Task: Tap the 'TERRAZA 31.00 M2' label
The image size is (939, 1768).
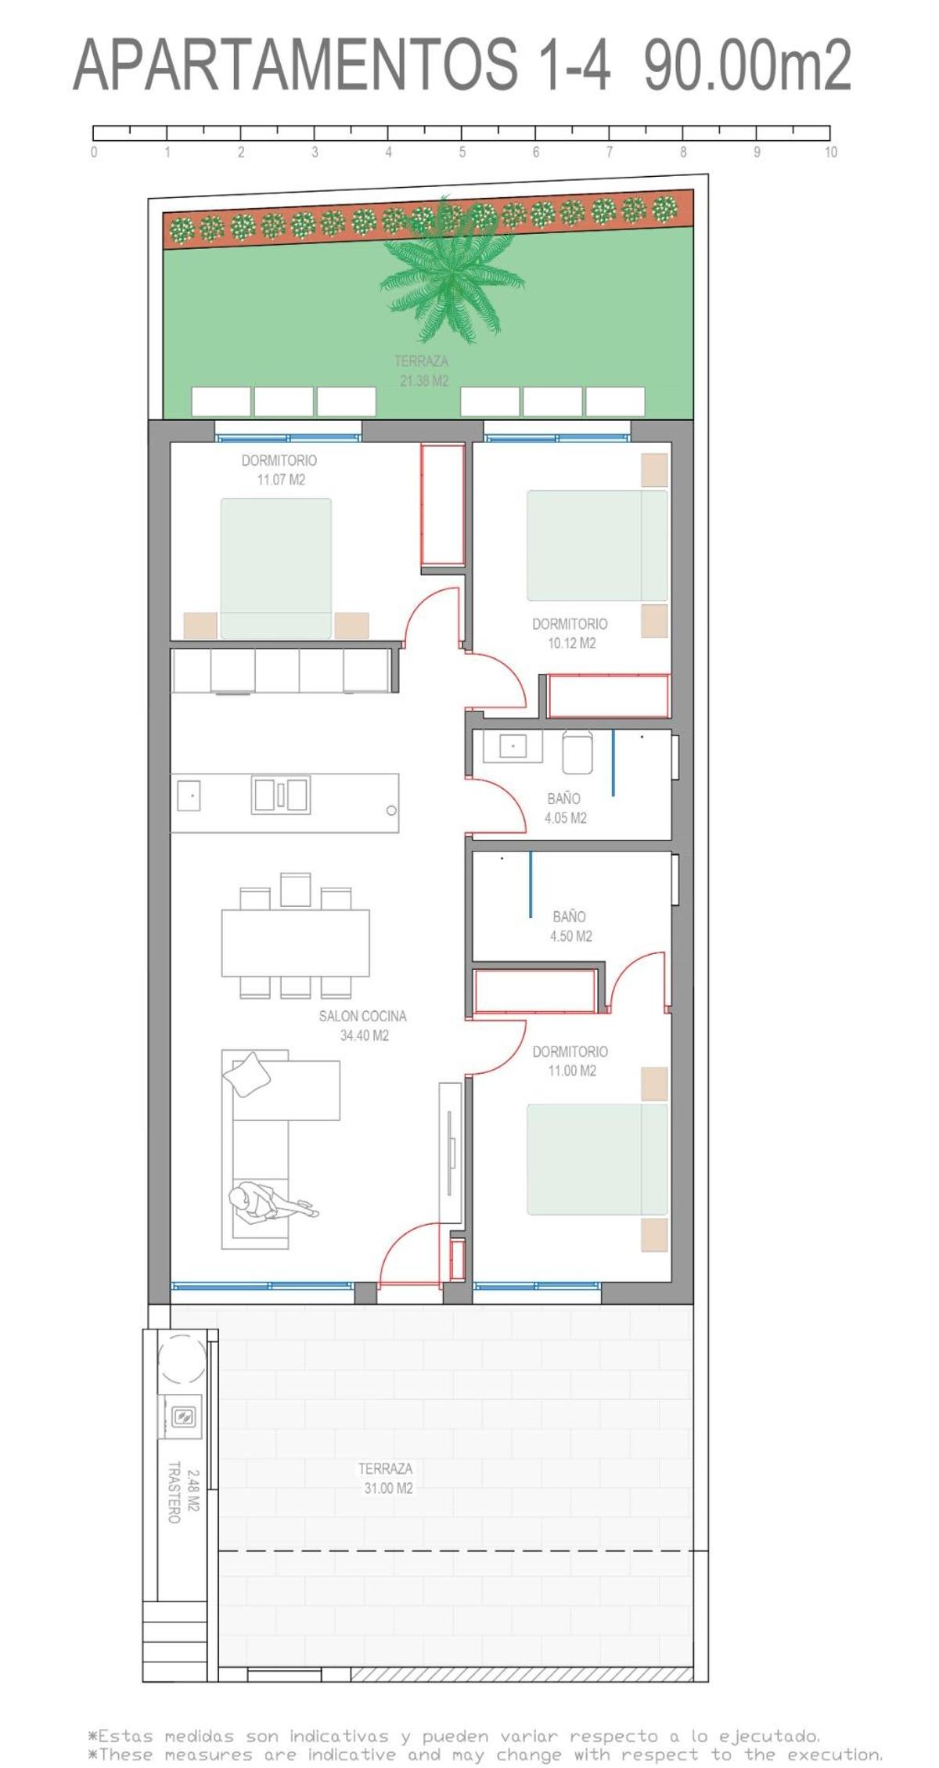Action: [x=387, y=1478]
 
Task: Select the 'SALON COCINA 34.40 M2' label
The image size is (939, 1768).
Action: [x=363, y=1025]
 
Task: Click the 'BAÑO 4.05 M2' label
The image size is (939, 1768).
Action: [x=565, y=808]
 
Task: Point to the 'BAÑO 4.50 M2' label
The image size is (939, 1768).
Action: [x=570, y=925]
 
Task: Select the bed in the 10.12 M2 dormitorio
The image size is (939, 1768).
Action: [x=596, y=546]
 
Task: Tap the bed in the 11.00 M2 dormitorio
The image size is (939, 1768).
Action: [x=596, y=1159]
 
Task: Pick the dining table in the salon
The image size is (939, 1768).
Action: [x=295, y=942]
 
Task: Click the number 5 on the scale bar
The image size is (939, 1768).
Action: [x=462, y=153]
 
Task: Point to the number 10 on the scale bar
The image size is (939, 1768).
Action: [x=830, y=153]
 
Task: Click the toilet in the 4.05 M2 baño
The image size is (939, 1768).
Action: [x=577, y=752]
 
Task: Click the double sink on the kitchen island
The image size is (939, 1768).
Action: [x=280, y=794]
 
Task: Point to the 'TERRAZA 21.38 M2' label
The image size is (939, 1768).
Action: [x=423, y=370]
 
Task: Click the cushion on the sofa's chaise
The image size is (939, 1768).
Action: [x=247, y=1074]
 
